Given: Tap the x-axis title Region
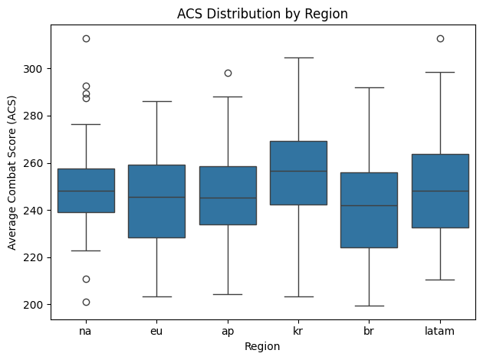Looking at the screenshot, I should click(x=263, y=346).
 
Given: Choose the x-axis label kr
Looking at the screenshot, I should click(x=298, y=331).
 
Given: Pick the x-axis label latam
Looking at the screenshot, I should click(x=439, y=331).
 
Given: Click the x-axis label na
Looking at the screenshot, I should click(x=86, y=331).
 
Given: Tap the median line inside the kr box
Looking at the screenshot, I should click(x=298, y=171).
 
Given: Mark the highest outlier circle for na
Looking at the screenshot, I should click(x=86, y=38).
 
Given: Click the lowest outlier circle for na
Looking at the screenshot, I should click(x=86, y=302).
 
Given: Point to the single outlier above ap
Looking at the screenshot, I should click(x=228, y=73).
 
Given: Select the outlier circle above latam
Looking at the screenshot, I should click(x=439, y=38).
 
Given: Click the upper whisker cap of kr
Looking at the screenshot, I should click(x=298, y=57).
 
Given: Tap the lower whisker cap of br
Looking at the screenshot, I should click(x=369, y=306).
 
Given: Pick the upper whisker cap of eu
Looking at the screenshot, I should click(x=156, y=101).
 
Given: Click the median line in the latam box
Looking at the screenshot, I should click(x=439, y=191).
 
